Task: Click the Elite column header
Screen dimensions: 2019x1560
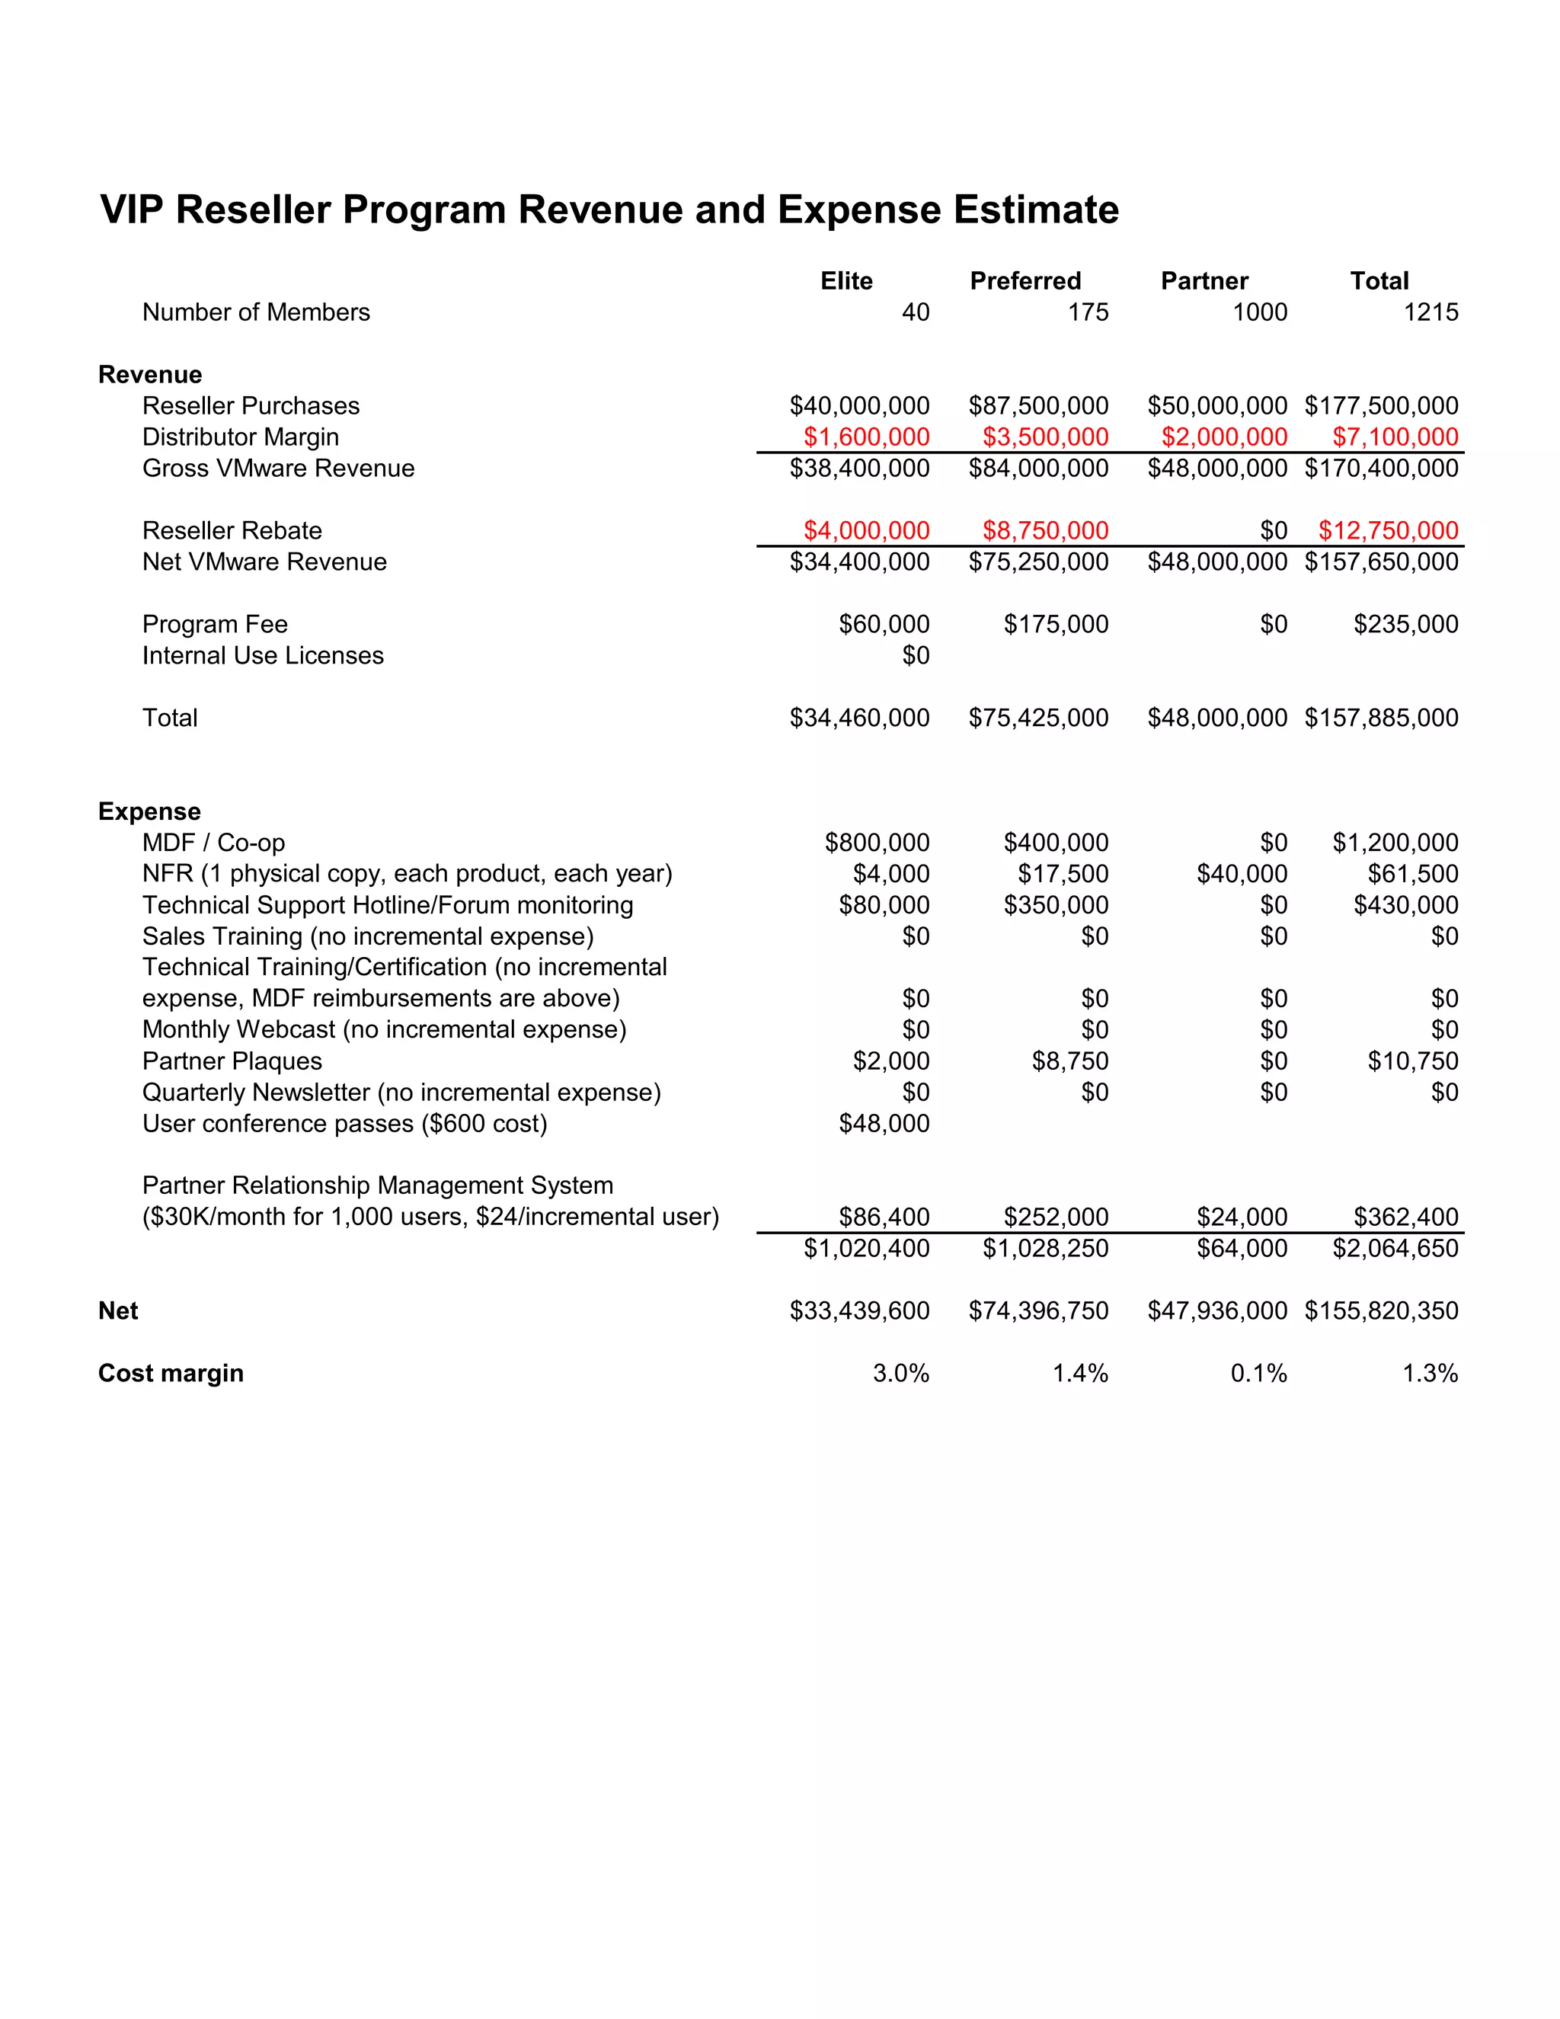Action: (846, 281)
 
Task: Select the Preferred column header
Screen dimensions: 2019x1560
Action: (1025, 281)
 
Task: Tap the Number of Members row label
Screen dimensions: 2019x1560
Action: (256, 312)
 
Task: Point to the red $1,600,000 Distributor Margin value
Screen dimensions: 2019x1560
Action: (866, 437)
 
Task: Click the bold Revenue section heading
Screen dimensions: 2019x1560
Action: (150, 374)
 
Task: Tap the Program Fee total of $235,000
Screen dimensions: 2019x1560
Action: (1405, 624)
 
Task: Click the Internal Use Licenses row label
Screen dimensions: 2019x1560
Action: (263, 655)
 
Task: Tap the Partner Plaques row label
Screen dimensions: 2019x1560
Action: (232, 1061)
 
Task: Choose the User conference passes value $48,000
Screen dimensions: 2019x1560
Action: (884, 1123)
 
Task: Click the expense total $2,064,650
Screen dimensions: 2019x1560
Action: (1395, 1249)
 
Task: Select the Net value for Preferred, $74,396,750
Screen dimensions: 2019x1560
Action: (1038, 1311)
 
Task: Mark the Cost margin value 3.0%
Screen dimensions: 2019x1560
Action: (900, 1374)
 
